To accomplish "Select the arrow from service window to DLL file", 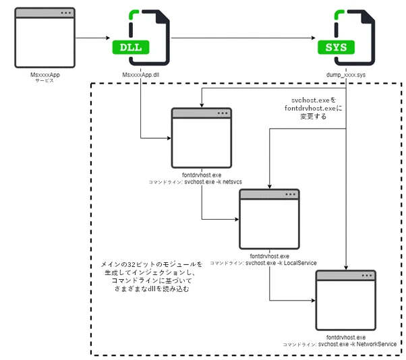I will [x=92, y=38].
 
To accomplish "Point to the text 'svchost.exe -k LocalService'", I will [x=281, y=263].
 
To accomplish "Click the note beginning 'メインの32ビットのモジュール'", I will [x=152, y=276].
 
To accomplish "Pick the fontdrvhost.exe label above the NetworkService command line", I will [x=345, y=336].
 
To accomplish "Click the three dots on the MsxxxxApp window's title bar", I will [x=65, y=13].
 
